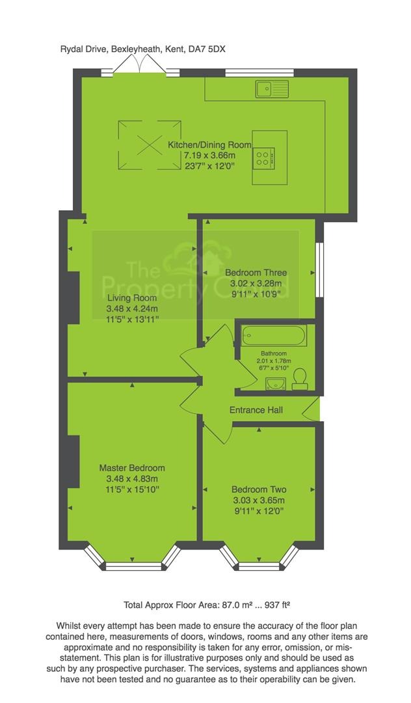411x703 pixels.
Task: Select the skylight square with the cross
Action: click(x=150, y=144)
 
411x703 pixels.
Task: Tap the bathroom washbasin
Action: click(x=276, y=383)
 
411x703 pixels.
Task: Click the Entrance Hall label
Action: click(x=256, y=410)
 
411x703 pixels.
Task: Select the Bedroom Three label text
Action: click(x=256, y=273)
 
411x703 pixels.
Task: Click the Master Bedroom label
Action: click(x=132, y=467)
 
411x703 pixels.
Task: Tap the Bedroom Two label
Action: click(x=259, y=489)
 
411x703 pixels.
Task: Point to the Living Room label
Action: click(x=132, y=297)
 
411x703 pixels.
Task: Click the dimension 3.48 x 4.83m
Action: click(x=132, y=478)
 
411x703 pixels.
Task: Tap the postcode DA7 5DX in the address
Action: click(x=207, y=49)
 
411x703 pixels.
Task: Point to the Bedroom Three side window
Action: click(x=319, y=270)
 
